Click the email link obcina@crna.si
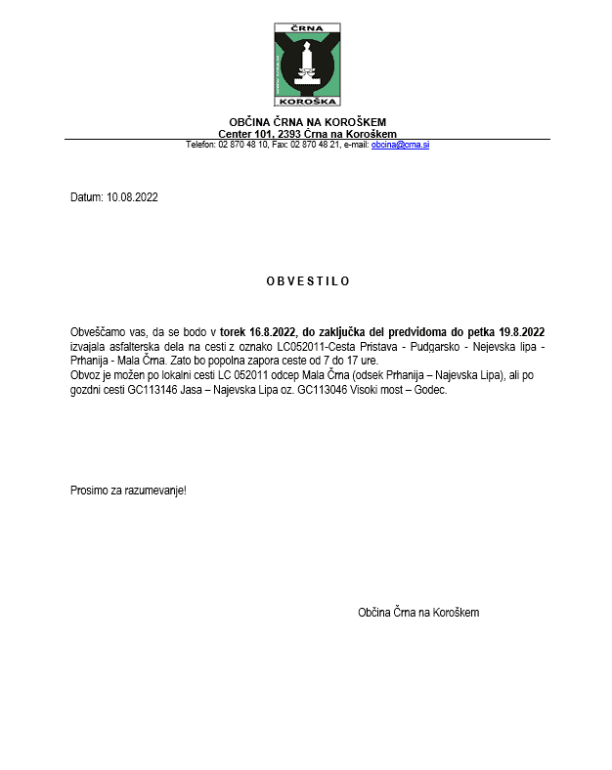(401, 145)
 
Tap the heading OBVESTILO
(307, 281)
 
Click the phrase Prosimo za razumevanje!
(128, 490)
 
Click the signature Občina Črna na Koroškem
(418, 613)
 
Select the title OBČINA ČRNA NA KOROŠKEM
(307, 122)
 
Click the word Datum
(86, 197)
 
